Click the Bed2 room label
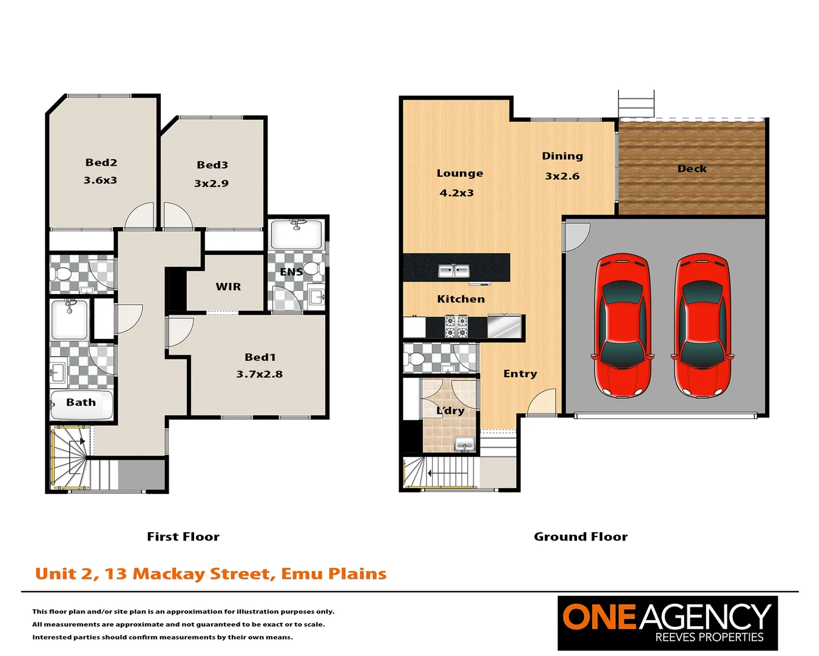(x=101, y=162)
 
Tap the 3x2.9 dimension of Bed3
(x=211, y=183)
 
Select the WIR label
(x=228, y=287)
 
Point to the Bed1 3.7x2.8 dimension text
(x=260, y=374)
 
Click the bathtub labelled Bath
(x=81, y=405)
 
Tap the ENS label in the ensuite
(x=291, y=272)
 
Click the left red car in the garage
(x=622, y=326)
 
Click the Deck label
(x=692, y=169)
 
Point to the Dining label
(x=562, y=156)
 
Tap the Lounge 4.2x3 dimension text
(x=456, y=193)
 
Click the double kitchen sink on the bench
(x=454, y=271)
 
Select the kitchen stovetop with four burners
(x=456, y=326)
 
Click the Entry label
(x=520, y=374)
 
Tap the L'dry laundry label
(x=450, y=411)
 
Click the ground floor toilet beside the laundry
(x=416, y=358)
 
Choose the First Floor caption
(x=183, y=537)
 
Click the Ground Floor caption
(x=581, y=537)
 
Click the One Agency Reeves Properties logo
(x=667, y=623)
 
